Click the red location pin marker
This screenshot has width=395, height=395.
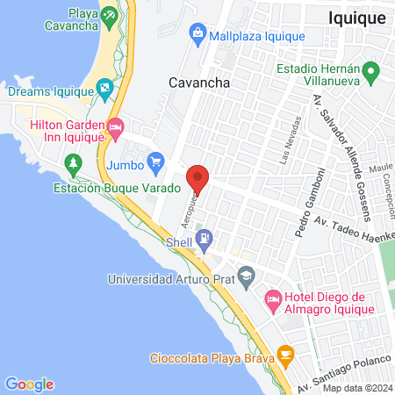[198, 178]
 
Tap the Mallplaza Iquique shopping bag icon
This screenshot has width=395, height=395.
[197, 36]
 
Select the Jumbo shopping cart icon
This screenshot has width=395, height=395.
[156, 161]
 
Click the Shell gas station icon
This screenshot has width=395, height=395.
[204, 237]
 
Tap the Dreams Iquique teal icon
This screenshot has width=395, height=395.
[104, 88]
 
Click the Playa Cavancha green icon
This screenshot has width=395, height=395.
[108, 15]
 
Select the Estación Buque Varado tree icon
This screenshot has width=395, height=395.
[74, 162]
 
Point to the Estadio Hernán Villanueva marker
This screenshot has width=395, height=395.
[370, 71]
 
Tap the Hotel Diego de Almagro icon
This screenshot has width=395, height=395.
[273, 301]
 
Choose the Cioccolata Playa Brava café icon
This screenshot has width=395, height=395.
[284, 354]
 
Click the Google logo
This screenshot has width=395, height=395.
[29, 384]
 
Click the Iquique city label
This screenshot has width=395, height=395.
[356, 17]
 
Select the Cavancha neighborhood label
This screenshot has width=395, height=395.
[199, 83]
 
